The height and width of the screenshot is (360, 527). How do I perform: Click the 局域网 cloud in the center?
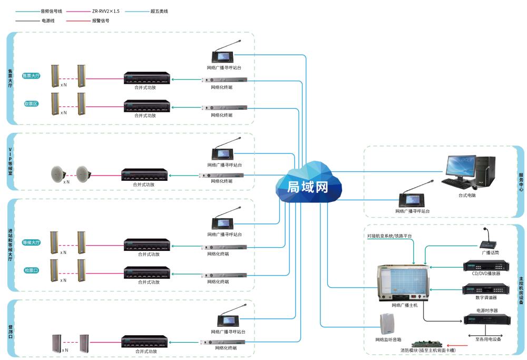(x=308, y=186)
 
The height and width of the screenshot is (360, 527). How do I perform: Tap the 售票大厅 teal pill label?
(x=31, y=75)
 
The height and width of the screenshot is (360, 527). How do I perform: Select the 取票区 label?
(x=31, y=104)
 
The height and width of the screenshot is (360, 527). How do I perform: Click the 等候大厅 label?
(x=31, y=242)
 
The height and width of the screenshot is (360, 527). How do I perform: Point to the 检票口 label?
(x=31, y=270)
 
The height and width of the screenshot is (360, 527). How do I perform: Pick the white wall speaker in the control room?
(x=387, y=324)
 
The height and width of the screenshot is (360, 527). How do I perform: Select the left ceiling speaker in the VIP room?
(x=57, y=173)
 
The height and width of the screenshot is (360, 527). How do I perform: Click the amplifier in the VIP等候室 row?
(x=145, y=174)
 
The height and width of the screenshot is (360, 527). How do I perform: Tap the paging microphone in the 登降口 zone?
(x=228, y=319)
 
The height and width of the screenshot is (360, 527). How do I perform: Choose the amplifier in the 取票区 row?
(x=147, y=106)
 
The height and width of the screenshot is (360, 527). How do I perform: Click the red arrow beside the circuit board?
(x=456, y=346)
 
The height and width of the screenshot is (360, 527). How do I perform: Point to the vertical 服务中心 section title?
(x=521, y=181)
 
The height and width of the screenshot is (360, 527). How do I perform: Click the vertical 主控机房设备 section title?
(x=521, y=290)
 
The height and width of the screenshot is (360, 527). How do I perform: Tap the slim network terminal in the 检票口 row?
(x=224, y=274)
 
